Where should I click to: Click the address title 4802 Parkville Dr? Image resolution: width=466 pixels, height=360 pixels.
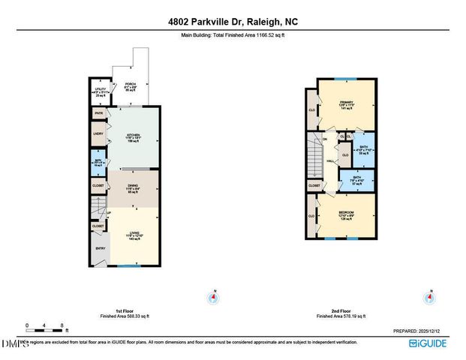[233, 22]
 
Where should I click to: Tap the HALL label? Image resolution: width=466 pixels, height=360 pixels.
[329, 160]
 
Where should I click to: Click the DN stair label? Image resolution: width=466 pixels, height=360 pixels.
[325, 139]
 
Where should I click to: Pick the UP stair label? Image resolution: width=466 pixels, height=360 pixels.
[109, 212]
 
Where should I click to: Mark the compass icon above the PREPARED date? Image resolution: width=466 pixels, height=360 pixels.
[428, 298]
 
